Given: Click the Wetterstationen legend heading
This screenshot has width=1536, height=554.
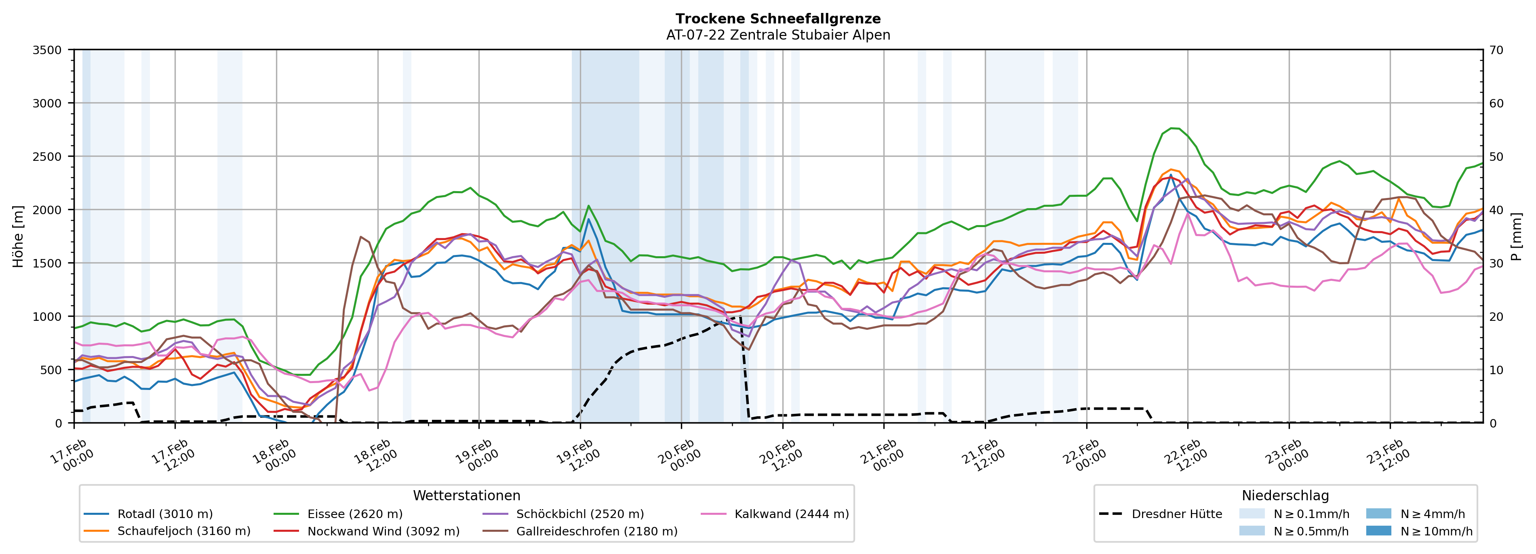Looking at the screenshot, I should click(x=466, y=495).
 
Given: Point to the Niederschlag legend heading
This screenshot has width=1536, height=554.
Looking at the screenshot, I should click(x=1285, y=495).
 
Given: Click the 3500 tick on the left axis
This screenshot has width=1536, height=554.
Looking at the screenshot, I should click(x=47, y=50).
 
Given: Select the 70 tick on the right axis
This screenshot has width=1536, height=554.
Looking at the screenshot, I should click(x=1496, y=50).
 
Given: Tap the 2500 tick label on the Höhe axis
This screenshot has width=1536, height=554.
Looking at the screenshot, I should click(x=47, y=157).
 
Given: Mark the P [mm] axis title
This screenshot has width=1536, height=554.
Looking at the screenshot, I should click(x=1517, y=236).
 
